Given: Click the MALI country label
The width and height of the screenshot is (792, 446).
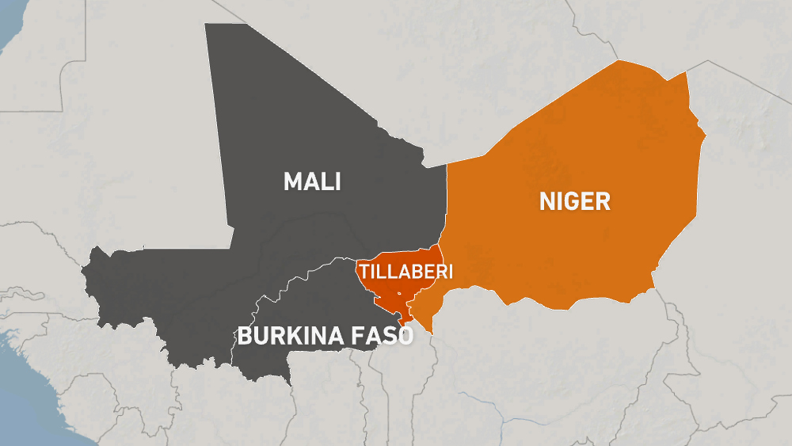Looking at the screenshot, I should (x=312, y=182).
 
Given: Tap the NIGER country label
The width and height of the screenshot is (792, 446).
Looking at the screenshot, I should (x=575, y=201).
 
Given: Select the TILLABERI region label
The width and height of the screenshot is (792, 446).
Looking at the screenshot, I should (x=406, y=272).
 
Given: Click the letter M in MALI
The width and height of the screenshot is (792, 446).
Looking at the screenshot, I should (x=294, y=182).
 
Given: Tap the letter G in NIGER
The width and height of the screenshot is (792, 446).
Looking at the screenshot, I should (x=568, y=201).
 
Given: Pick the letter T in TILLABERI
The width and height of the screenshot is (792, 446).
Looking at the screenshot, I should (x=364, y=272).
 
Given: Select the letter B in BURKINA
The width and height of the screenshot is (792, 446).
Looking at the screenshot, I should (x=245, y=337).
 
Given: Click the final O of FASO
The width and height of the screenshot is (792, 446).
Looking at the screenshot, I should (x=406, y=337).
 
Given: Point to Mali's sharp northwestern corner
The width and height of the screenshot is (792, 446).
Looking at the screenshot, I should (x=206, y=24).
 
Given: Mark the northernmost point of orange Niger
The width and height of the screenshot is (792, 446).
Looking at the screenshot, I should (x=620, y=61).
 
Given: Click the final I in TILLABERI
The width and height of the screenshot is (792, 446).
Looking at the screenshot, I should (x=450, y=272).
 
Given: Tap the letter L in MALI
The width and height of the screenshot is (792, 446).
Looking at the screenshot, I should (x=326, y=182).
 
